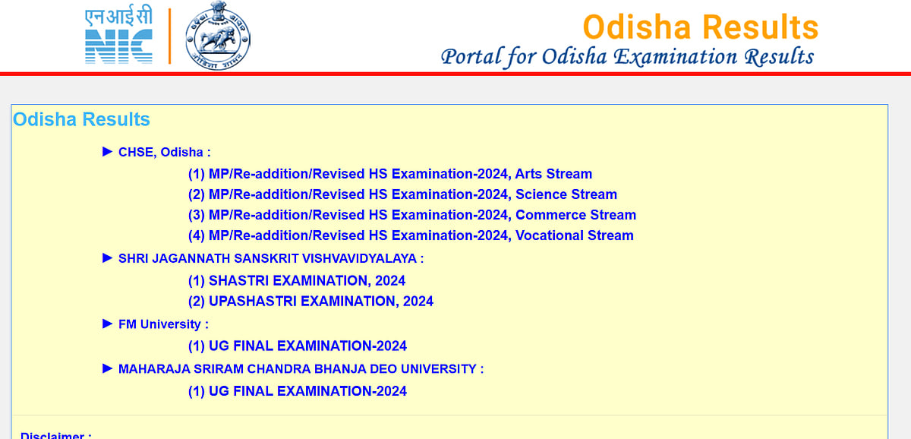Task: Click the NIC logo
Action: [x=118, y=36]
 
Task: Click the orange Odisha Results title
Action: [x=700, y=27]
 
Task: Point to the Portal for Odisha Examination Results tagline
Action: [x=627, y=56]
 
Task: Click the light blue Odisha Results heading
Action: [x=81, y=120]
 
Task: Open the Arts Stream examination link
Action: [x=389, y=174]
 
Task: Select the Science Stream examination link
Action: [x=402, y=194]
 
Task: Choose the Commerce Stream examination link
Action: [x=411, y=215]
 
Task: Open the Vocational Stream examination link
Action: [x=410, y=235]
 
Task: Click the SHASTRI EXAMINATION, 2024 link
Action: [x=296, y=281]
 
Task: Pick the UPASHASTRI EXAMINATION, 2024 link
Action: [x=310, y=302]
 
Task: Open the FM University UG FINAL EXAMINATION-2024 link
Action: [x=297, y=346]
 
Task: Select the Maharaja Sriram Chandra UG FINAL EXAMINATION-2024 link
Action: [x=297, y=392]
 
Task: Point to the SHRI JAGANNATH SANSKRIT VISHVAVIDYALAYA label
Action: [x=271, y=259]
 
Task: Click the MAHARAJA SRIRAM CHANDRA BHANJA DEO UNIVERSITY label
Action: [x=301, y=369]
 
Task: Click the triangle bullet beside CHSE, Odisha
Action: [x=107, y=152]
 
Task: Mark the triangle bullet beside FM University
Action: [x=107, y=324]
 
